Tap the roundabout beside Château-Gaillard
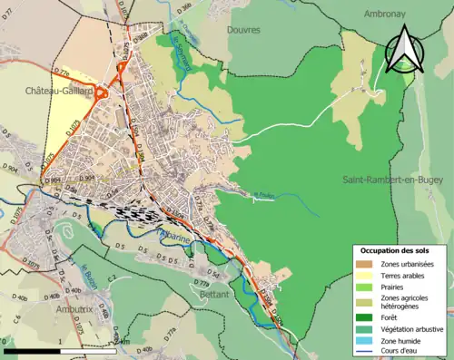103,91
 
